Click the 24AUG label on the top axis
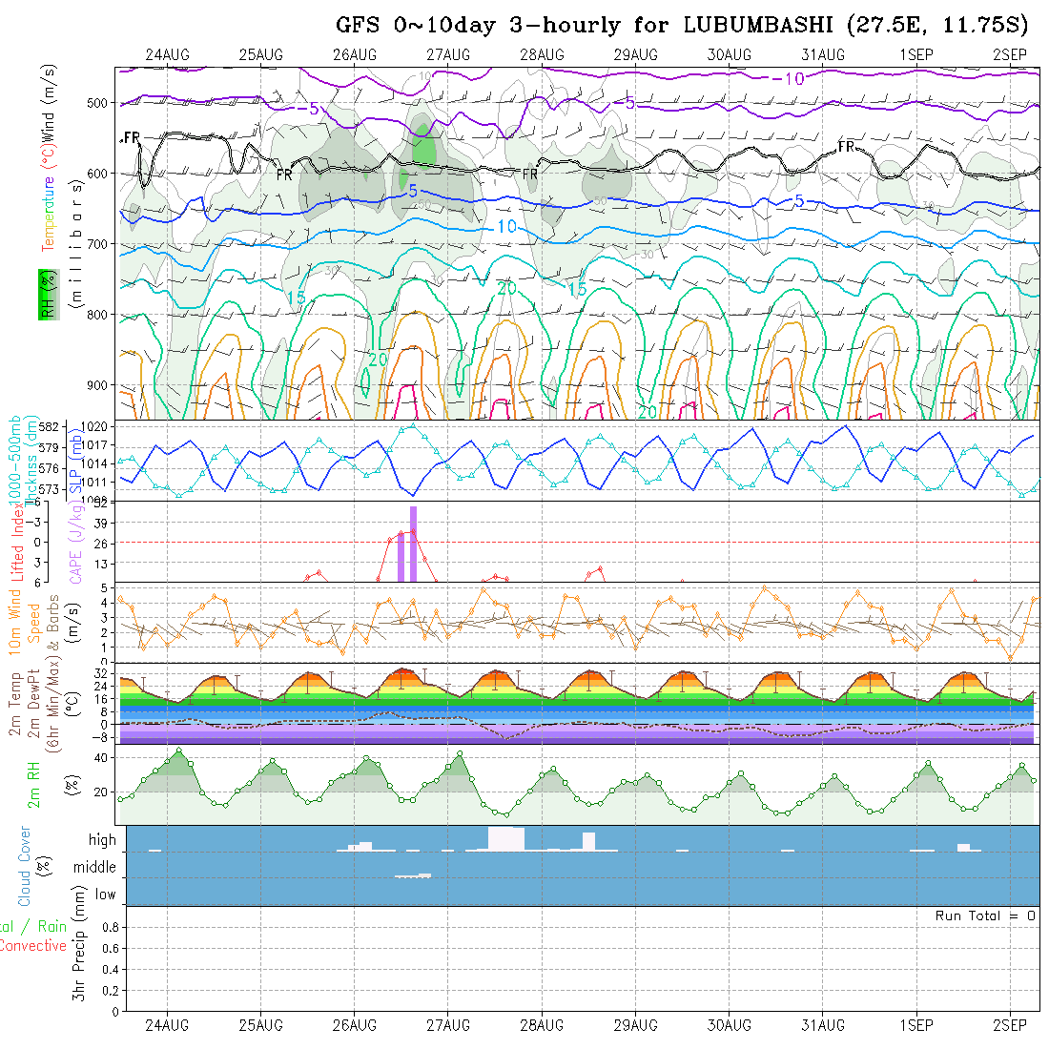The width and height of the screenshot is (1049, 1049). pos(168,54)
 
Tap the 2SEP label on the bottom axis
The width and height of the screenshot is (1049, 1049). pos(1010,1025)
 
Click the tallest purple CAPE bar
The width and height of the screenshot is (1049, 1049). pos(413,544)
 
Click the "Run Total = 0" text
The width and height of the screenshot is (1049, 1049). pos(985,915)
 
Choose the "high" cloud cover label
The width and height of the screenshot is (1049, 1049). pos(102,840)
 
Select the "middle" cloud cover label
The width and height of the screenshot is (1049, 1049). pos(95,868)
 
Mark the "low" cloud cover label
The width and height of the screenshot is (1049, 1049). pos(105,895)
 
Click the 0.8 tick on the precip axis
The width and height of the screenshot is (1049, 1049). pos(108,927)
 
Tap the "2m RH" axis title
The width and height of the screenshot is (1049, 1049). pos(33,784)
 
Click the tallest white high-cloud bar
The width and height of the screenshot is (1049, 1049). pos(505,838)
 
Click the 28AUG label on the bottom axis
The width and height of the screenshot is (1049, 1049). pos(542,1025)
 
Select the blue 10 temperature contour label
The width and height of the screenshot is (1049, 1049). pos(506,226)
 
